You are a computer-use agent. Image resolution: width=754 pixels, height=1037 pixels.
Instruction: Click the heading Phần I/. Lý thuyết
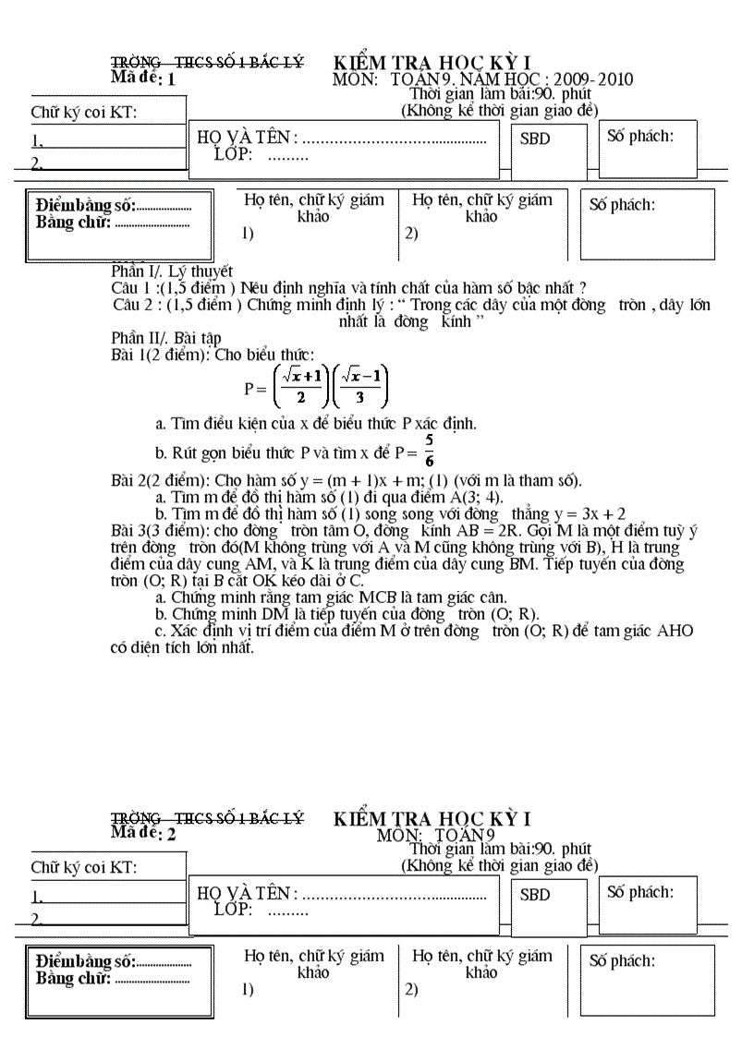point(172,271)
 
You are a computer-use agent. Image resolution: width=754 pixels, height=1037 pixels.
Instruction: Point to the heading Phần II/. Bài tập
point(166,338)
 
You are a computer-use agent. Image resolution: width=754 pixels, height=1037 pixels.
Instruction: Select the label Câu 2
point(137,305)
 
